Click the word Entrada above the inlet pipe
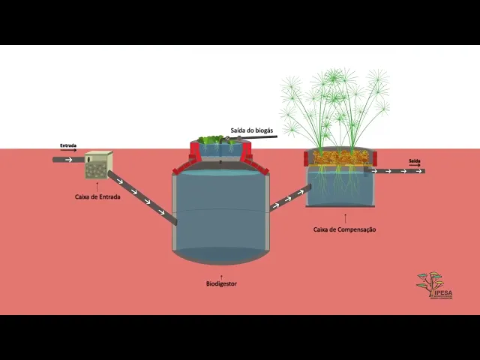click(x=68, y=146)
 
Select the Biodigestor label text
click(x=221, y=284)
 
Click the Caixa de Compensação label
click(x=344, y=229)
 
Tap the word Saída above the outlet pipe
click(x=415, y=160)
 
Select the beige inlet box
click(x=99, y=165)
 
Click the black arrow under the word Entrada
click(x=68, y=151)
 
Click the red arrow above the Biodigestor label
click(x=221, y=276)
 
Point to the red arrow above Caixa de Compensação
click(x=344, y=220)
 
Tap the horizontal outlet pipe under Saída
click(x=397, y=171)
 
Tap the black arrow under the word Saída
click(x=415, y=165)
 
